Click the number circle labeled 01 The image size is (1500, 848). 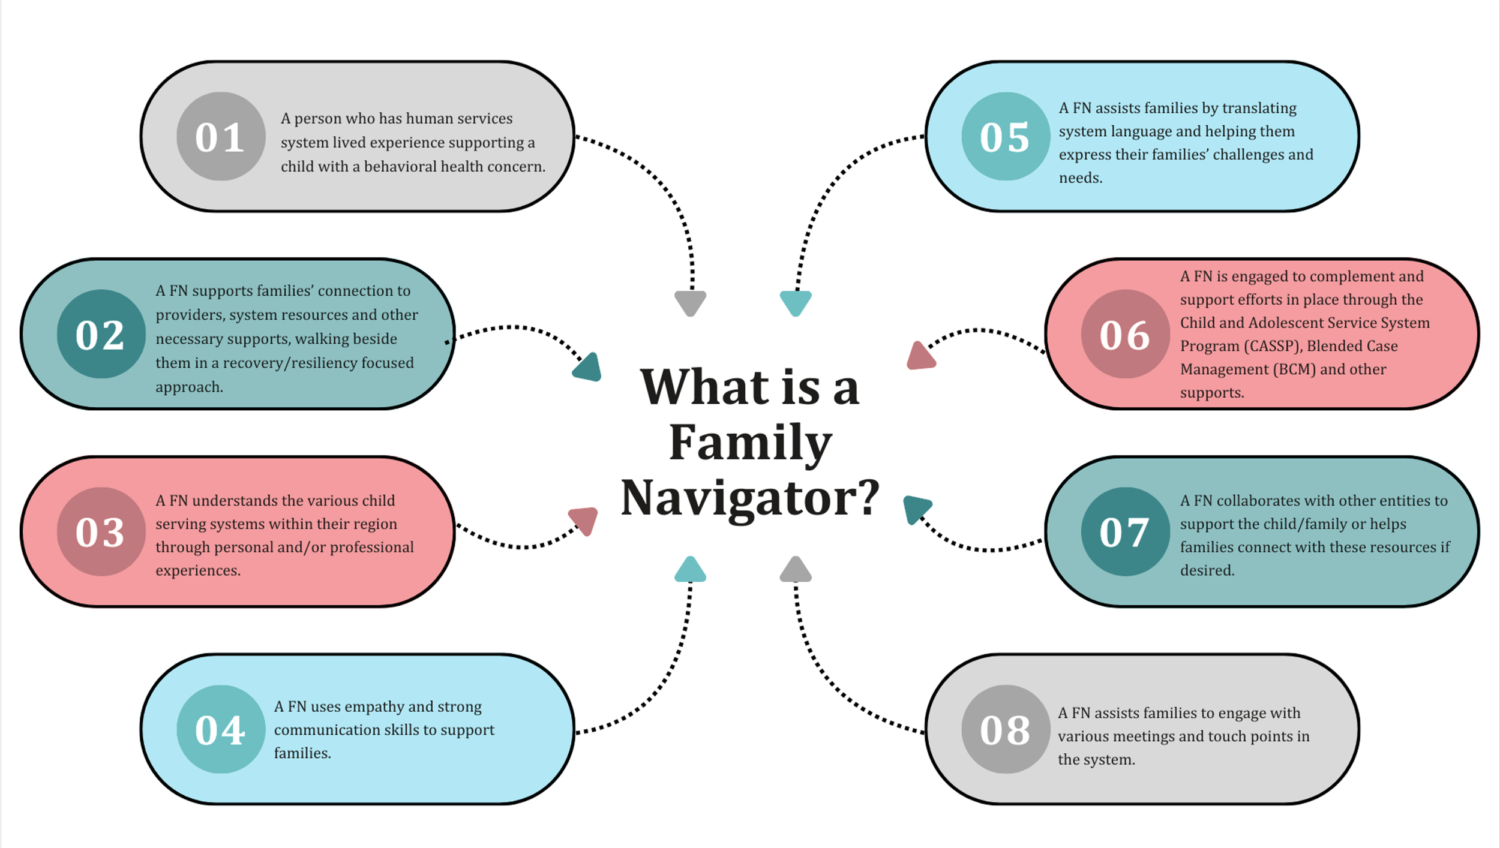221,136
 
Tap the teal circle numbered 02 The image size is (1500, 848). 101,334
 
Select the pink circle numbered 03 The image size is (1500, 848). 101,531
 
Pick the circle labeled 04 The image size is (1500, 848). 221,729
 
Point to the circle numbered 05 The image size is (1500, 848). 1006,136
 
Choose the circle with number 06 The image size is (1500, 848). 1125,334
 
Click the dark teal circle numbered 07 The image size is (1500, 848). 1125,531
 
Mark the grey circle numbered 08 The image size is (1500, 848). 1006,729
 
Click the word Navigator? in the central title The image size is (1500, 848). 750,498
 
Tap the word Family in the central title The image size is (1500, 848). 750,443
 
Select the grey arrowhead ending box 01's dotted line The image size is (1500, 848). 690,302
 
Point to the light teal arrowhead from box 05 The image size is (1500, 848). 796,302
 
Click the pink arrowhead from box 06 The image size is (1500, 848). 920,357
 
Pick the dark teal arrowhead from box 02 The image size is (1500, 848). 588,368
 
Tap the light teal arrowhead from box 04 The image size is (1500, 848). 690,570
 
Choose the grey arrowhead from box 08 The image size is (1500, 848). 796,570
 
